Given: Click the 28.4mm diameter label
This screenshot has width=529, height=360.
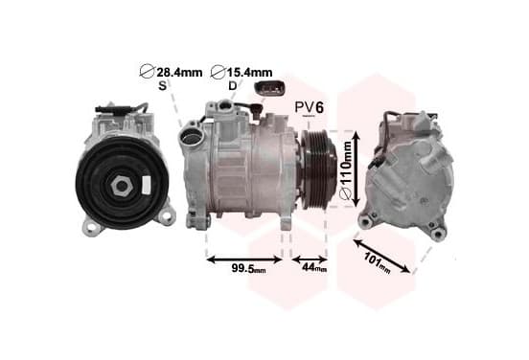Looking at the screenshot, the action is tap(171, 72).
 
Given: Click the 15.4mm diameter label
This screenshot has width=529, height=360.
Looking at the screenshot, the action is tap(241, 72).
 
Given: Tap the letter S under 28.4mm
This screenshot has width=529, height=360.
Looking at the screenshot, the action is tap(162, 86).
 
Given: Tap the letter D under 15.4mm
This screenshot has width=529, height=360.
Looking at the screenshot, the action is tap(233, 86).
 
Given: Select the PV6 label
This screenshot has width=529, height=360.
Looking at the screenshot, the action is tap(310, 107).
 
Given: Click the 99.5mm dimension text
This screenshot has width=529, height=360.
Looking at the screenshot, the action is tap(248, 269).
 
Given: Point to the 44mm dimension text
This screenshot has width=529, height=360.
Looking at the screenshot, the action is tap(314, 267).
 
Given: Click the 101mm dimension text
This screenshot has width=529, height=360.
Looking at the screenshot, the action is tap(378, 262).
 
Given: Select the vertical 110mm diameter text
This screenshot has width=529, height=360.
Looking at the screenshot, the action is tap(345, 170).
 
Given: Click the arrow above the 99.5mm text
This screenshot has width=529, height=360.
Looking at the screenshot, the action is tap(244, 259).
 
